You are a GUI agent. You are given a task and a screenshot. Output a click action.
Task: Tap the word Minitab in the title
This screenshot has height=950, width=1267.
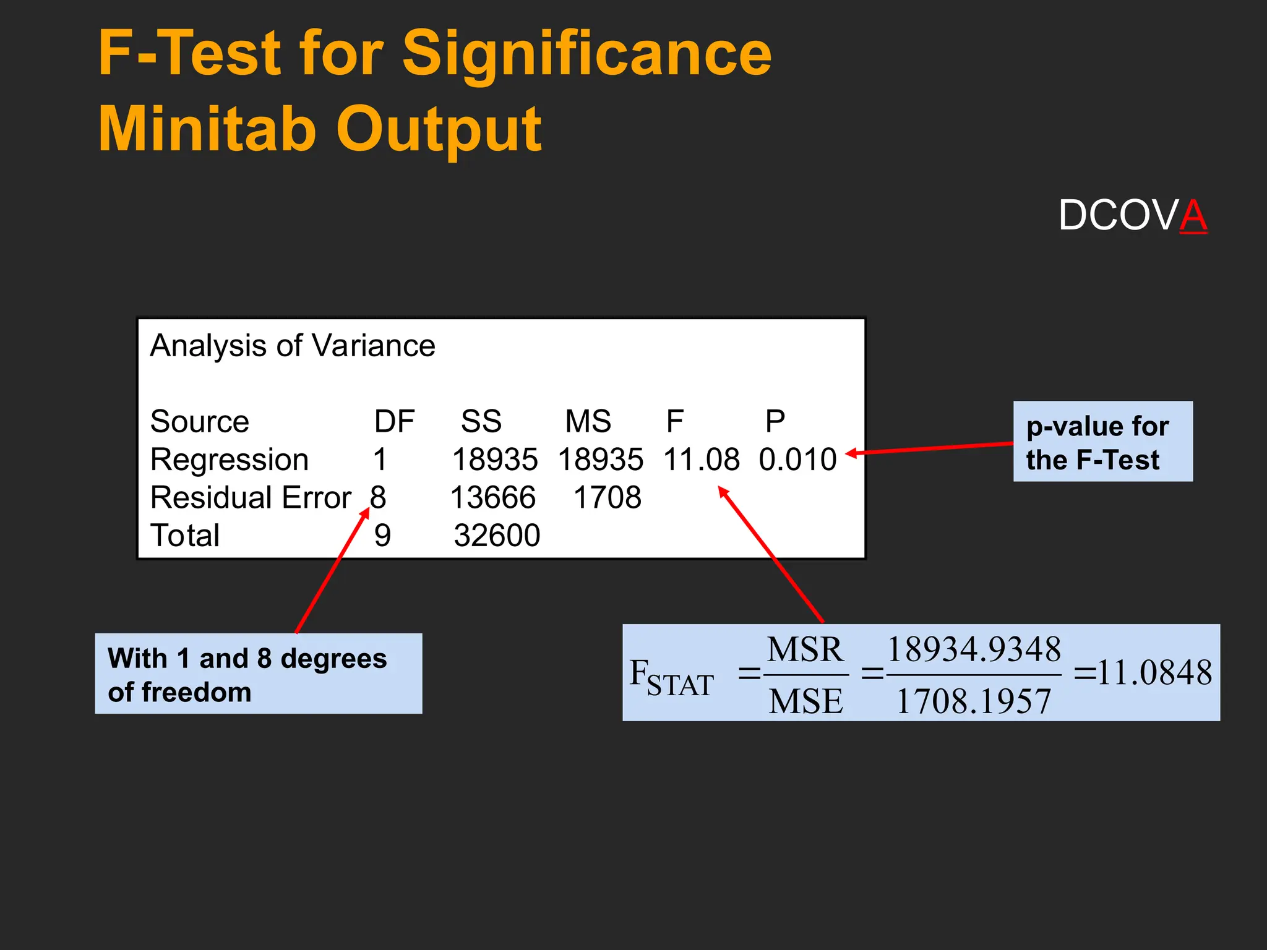[x=207, y=129]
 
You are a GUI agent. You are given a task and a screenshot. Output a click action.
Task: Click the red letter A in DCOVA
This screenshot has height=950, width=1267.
[x=1193, y=216]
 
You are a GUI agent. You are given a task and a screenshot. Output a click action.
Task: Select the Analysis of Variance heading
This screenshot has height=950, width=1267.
[x=293, y=346]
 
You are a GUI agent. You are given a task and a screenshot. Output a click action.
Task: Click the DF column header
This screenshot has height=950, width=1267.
[x=394, y=422]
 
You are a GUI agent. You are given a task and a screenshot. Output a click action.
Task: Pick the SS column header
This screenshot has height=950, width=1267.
[x=481, y=422]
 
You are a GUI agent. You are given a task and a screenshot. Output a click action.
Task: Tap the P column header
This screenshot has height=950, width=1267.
[x=775, y=422]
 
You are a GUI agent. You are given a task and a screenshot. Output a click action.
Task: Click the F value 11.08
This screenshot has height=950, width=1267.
[x=701, y=460]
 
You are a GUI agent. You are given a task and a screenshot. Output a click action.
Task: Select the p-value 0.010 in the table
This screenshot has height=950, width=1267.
[x=797, y=460]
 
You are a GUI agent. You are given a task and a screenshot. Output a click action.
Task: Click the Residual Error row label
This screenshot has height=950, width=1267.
[x=251, y=498]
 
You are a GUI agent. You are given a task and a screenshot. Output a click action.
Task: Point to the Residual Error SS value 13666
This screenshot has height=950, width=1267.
[x=493, y=498]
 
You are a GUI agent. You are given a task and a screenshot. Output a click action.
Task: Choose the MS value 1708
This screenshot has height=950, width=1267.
[x=608, y=498]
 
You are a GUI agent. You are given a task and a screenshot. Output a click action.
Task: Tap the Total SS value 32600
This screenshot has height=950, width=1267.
[x=497, y=536]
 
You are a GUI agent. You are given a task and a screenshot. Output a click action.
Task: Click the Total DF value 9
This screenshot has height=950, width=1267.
[x=382, y=536]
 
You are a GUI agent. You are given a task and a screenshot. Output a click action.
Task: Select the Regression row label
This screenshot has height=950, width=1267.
[x=230, y=460]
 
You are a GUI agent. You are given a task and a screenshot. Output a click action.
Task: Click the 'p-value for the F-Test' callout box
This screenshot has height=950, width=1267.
[x=1102, y=442]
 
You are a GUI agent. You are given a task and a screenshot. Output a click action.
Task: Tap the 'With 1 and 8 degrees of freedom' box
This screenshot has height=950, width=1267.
[x=258, y=674]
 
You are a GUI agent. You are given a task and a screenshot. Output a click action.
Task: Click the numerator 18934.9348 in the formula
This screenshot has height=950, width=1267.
[x=974, y=650]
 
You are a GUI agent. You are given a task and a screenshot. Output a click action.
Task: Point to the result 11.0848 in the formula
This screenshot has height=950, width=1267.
[x=1154, y=673]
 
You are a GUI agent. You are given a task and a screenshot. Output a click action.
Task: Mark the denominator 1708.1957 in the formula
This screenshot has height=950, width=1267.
[x=974, y=702]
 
